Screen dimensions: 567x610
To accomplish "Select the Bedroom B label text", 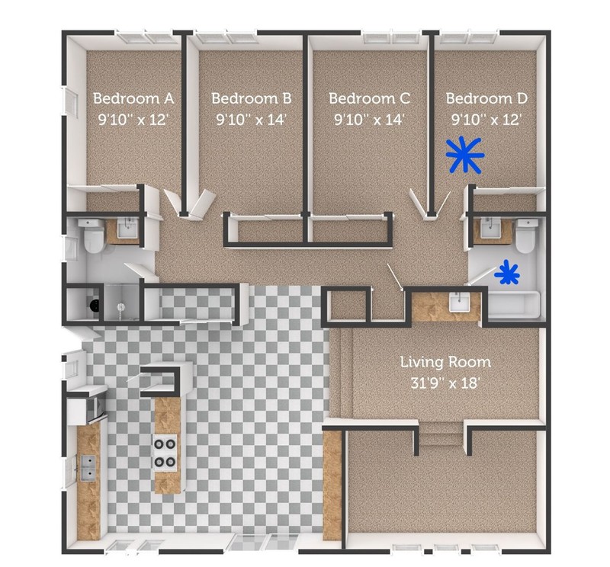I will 251,98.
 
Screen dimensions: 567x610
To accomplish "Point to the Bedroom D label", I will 486,98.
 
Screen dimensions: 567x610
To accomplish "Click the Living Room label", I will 446,362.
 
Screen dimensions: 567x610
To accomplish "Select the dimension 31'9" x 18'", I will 446,383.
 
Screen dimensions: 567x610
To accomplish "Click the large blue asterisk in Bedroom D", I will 464,155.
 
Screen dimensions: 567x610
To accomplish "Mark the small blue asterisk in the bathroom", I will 507,273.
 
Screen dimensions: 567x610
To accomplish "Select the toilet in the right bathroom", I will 525,236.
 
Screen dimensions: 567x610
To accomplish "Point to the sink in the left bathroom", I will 128,228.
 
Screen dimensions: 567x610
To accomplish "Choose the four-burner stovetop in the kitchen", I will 165,451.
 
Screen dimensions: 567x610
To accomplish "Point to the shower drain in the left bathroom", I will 120,306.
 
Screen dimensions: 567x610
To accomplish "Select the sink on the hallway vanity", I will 459,303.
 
